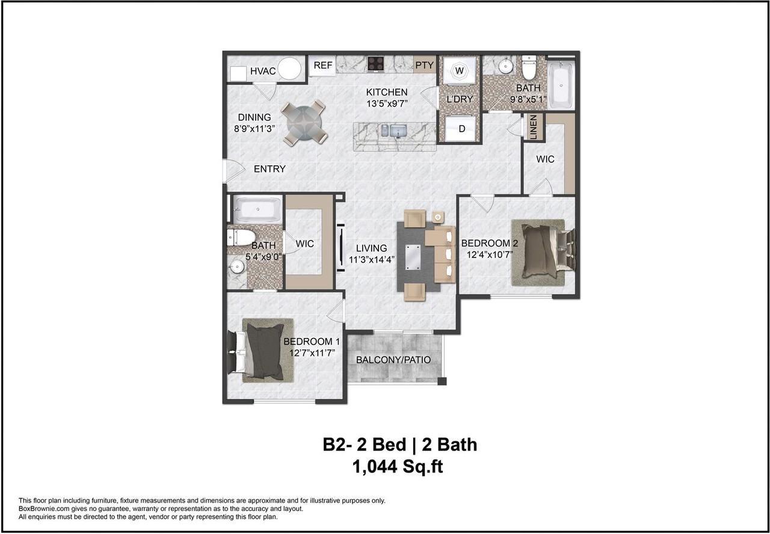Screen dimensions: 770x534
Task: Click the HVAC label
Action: tap(263, 71)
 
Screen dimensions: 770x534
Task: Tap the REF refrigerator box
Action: tap(322, 66)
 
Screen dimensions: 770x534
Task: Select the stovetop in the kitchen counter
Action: tap(376, 64)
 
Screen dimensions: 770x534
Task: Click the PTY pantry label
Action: tap(425, 65)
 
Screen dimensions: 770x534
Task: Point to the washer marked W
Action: tap(459, 70)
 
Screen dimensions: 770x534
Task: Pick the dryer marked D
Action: tap(461, 129)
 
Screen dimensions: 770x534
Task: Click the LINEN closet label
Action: tap(534, 127)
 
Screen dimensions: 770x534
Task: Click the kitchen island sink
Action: tap(398, 130)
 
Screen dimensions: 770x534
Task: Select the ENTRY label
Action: tap(270, 169)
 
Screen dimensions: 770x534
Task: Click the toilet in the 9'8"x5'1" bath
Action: tap(529, 69)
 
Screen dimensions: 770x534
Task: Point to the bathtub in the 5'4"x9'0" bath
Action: tap(257, 209)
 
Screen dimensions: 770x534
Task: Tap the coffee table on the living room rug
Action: tap(413, 257)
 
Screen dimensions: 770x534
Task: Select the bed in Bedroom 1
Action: tap(260, 350)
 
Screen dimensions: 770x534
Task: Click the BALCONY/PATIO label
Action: tap(393, 360)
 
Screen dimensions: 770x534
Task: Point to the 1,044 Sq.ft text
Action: tap(398, 467)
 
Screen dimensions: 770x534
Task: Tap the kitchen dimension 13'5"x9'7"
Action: tap(387, 103)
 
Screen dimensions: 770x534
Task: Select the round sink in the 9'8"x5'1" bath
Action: tap(506, 66)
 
